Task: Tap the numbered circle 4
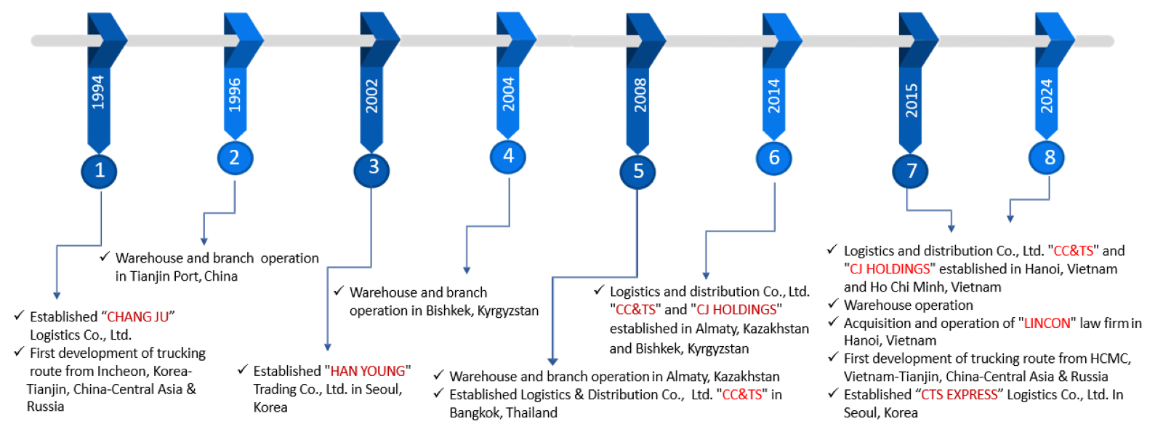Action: click(508, 156)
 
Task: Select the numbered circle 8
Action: click(1046, 157)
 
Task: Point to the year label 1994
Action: click(98, 92)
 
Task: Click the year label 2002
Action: click(371, 96)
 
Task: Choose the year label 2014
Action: click(774, 96)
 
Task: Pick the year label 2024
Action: click(1047, 96)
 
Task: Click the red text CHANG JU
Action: click(138, 316)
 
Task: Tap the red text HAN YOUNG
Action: click(368, 371)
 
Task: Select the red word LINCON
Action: click(1047, 323)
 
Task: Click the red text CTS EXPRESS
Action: click(959, 394)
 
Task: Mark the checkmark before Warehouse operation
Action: click(833, 303)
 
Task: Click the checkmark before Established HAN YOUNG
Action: click(243, 369)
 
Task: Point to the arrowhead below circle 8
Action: click(1010, 219)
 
